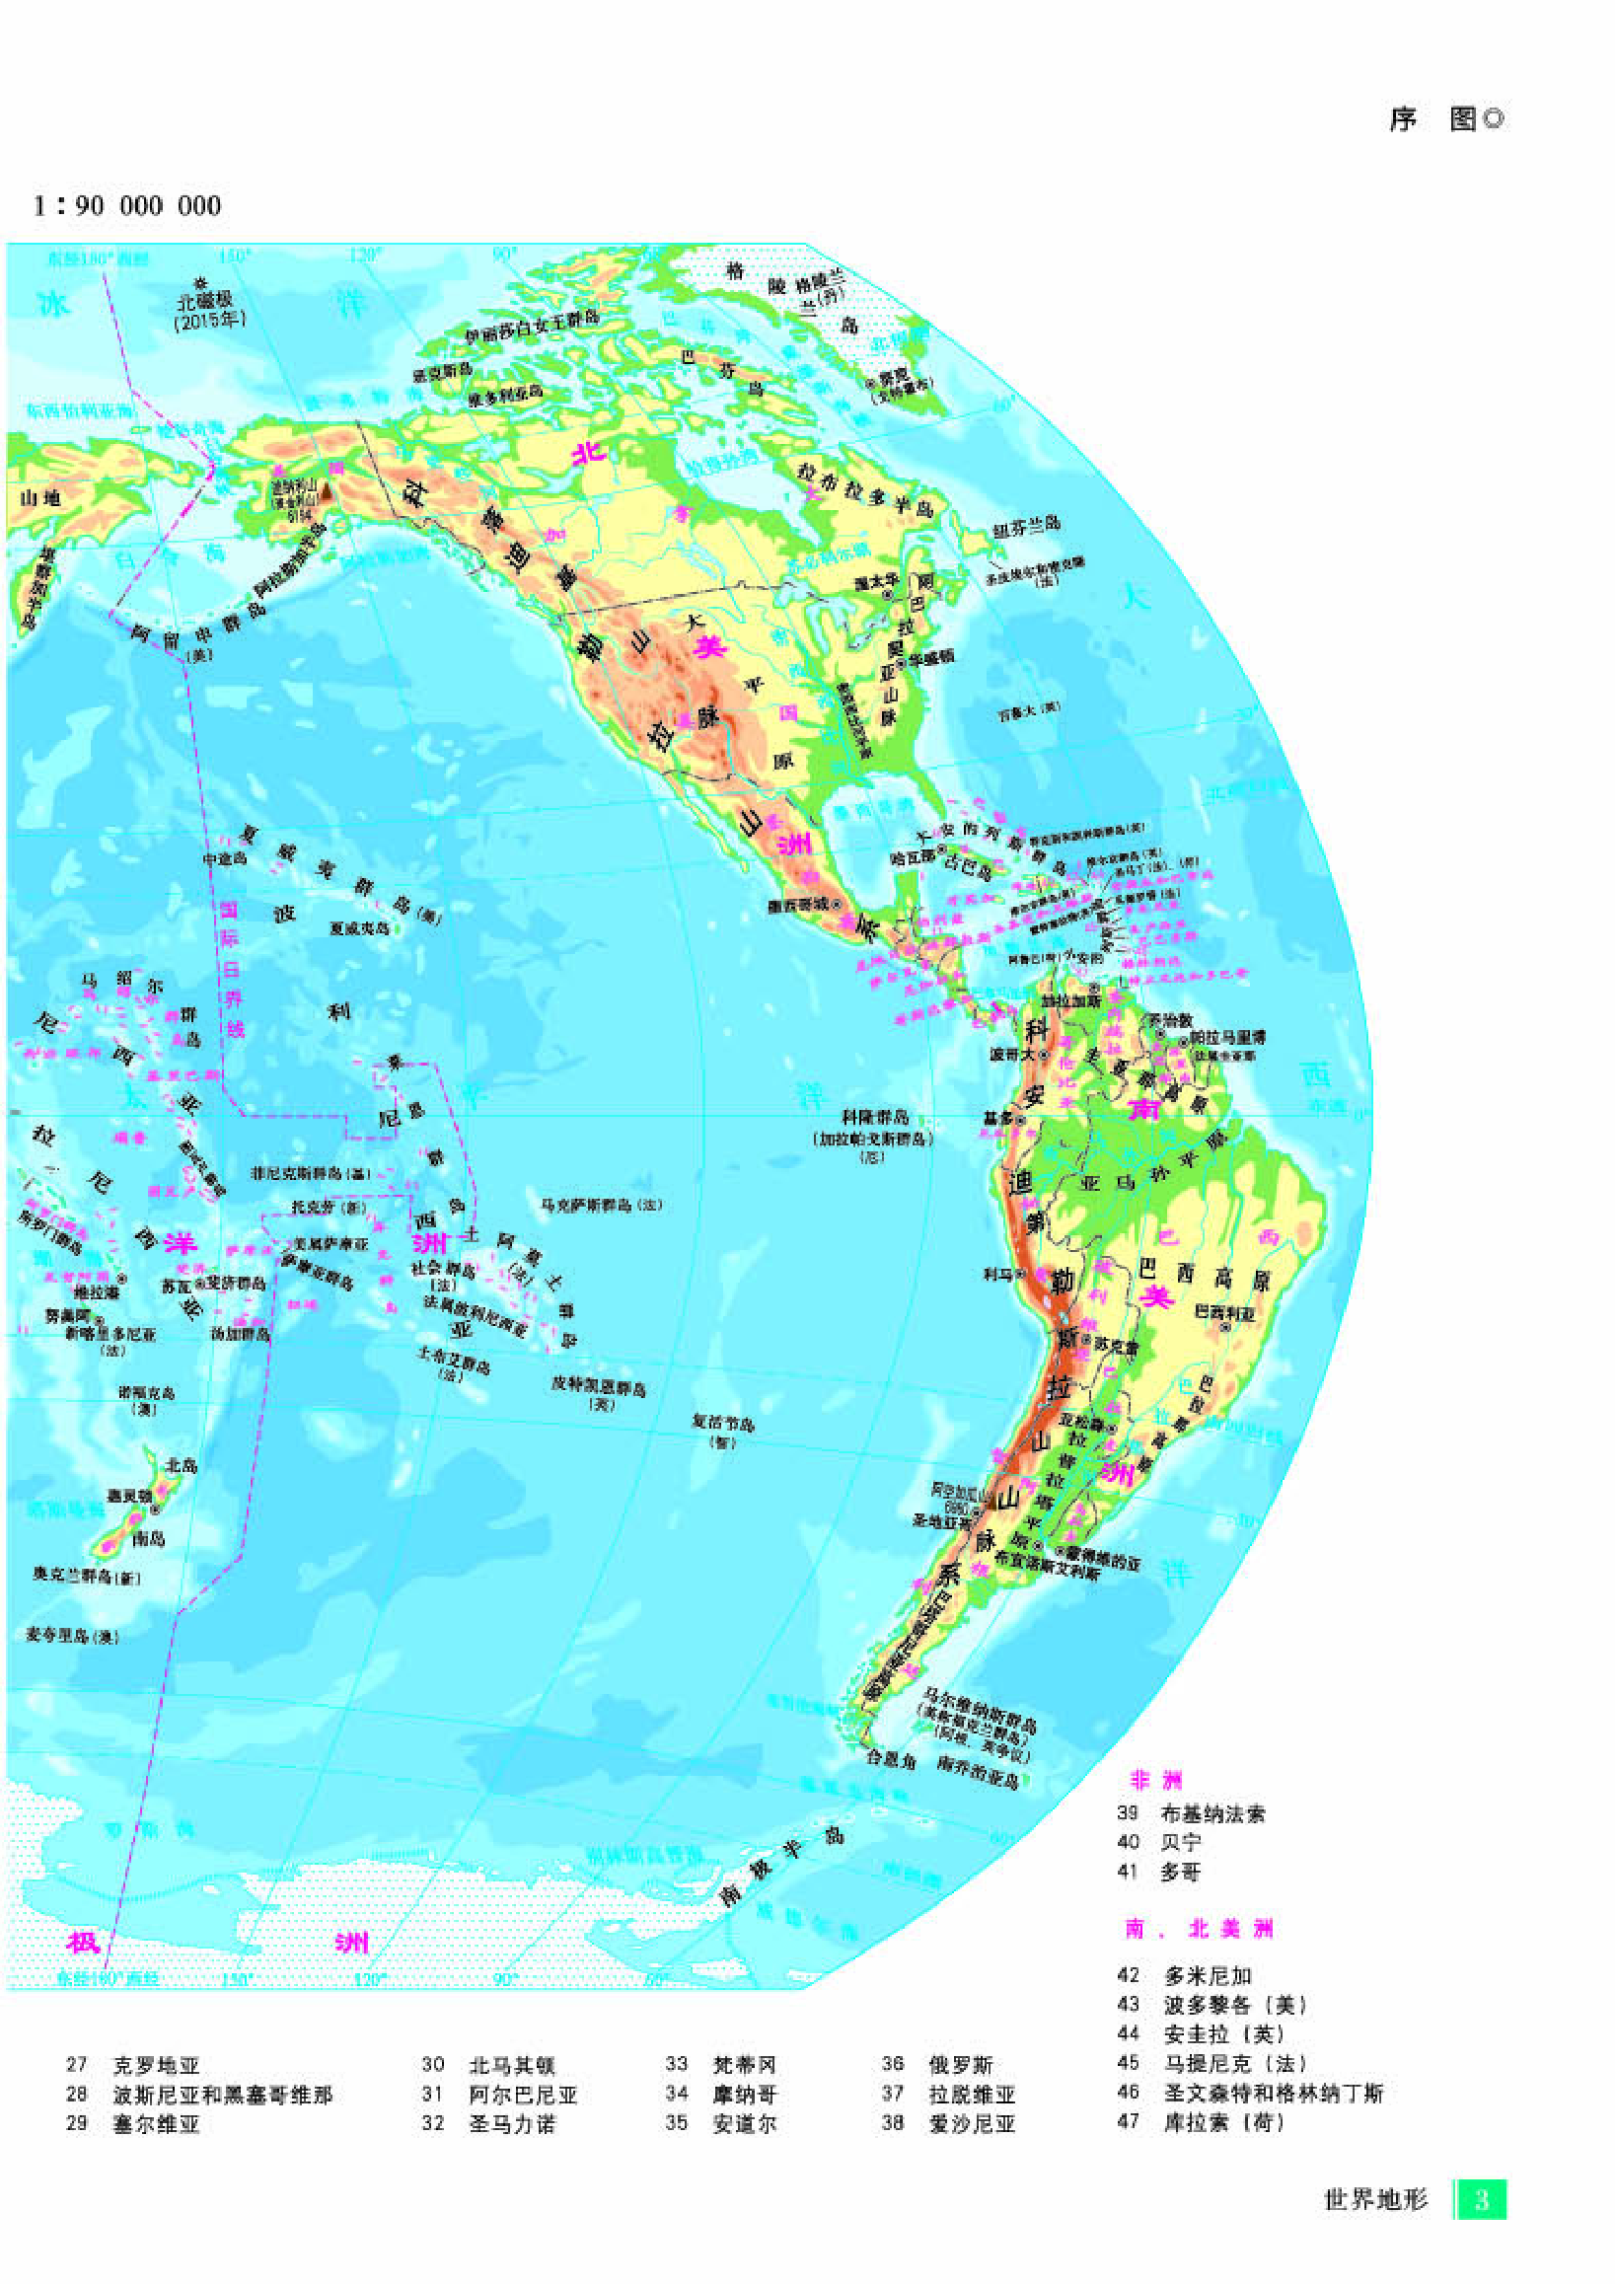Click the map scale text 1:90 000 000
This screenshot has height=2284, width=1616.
pos(126,206)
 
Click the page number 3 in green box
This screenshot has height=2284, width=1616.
pos(1482,2198)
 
